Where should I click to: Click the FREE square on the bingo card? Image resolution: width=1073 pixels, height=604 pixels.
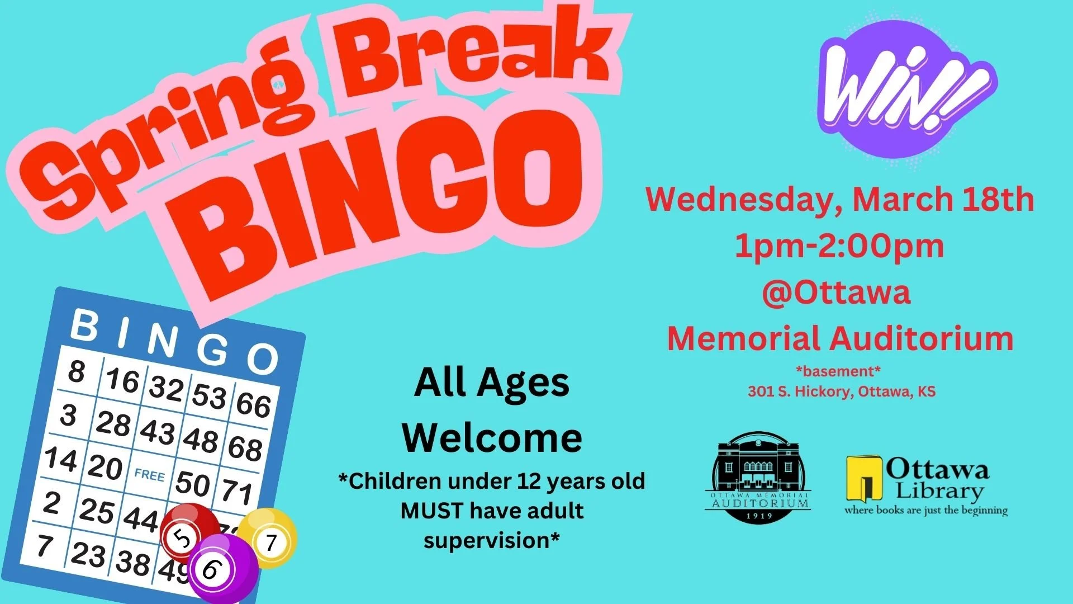[x=149, y=475]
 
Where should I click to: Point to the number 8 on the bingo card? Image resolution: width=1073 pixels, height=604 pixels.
[x=77, y=371]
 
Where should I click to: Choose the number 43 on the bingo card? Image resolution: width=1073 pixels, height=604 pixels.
[x=158, y=431]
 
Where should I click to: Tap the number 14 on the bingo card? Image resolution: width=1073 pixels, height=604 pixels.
[x=61, y=459]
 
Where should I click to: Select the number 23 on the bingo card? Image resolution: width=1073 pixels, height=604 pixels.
[x=88, y=554]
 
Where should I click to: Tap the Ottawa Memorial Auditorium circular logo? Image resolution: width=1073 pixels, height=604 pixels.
[x=759, y=477]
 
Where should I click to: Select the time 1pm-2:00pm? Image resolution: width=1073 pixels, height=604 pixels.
[x=839, y=246]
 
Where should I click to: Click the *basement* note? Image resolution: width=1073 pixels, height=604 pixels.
[x=838, y=371]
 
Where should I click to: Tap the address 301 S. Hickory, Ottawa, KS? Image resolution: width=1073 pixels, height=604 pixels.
[x=842, y=391]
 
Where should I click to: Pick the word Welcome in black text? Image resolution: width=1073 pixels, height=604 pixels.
[x=492, y=438]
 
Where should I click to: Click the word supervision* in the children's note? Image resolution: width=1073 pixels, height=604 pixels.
[x=492, y=540]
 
